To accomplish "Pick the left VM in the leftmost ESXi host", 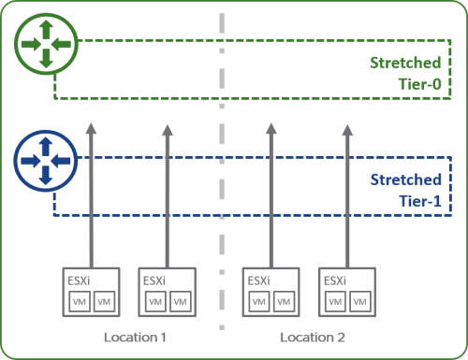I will [81, 302].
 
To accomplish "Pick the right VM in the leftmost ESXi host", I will [103, 302].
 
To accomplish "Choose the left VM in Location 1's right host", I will [155, 302].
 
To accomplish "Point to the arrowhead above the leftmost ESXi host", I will [92, 128].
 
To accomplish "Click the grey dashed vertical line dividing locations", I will [223, 234].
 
